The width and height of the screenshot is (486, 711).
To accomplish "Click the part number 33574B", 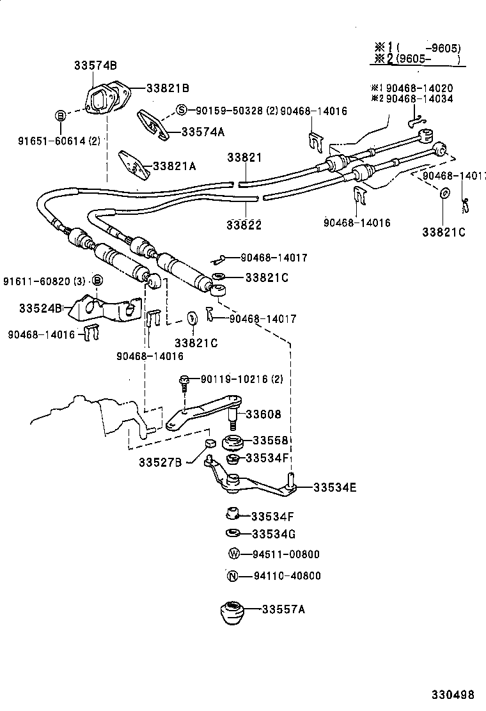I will pos(95,65).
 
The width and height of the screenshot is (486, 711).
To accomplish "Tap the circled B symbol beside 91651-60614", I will pos(59,115).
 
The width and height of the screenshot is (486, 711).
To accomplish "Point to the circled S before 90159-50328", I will pos(181,110).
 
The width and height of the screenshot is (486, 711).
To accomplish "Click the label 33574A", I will pos(203,132).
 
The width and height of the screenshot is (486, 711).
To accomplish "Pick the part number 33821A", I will pos(174,166).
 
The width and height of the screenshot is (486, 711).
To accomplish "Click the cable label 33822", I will pos(244,225).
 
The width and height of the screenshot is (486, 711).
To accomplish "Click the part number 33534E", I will pos(334,488).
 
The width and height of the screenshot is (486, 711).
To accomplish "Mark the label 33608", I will pos(263,414).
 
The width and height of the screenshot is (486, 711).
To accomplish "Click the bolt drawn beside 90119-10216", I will pos(184,382).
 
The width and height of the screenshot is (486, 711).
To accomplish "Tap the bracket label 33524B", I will pos(40,308).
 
